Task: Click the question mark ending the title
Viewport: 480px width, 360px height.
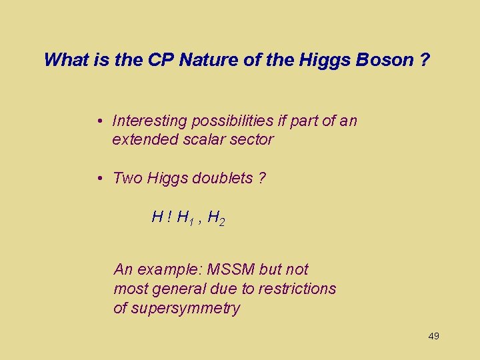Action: pyautogui.click(x=425, y=60)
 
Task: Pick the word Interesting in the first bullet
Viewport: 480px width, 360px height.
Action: pyautogui.click(x=150, y=121)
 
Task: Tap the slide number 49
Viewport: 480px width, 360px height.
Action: pyautogui.click(x=433, y=336)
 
